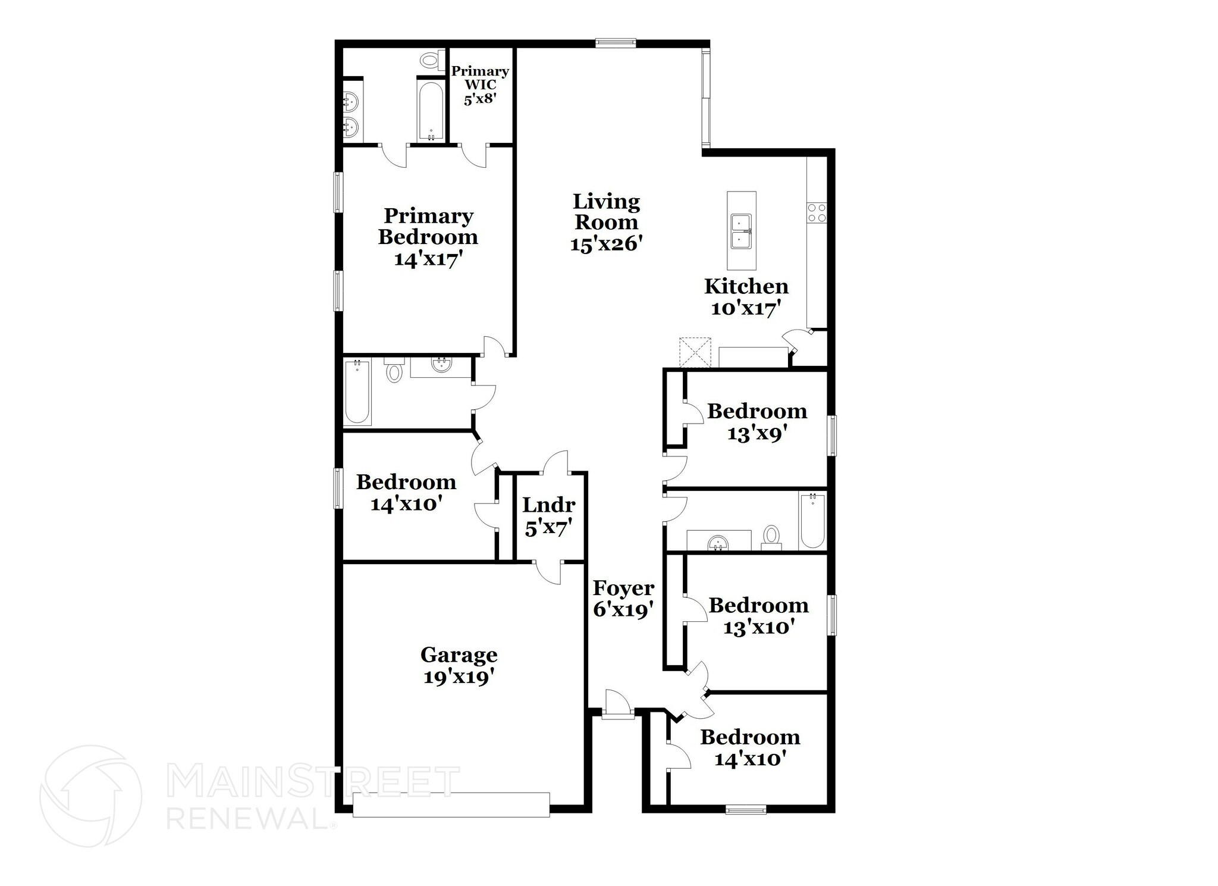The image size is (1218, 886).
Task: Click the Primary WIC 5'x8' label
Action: (x=480, y=85)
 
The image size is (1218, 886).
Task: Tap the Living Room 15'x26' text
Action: (x=606, y=223)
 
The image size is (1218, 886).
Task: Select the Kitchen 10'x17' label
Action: (x=746, y=297)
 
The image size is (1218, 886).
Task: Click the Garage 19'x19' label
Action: (x=459, y=666)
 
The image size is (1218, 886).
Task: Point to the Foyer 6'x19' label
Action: (x=624, y=599)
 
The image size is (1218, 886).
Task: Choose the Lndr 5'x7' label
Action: (x=549, y=516)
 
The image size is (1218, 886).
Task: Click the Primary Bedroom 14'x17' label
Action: (x=428, y=237)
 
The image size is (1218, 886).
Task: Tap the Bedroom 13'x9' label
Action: (x=757, y=421)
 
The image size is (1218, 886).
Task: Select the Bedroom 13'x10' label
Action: (x=759, y=616)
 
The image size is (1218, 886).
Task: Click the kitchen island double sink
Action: (x=741, y=231)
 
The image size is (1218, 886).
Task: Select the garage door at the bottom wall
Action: (x=451, y=804)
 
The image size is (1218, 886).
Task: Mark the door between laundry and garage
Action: (x=548, y=572)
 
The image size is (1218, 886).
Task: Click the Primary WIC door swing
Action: (x=475, y=156)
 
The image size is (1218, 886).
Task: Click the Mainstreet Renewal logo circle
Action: (x=91, y=796)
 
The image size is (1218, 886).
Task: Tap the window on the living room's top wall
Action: (x=616, y=42)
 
